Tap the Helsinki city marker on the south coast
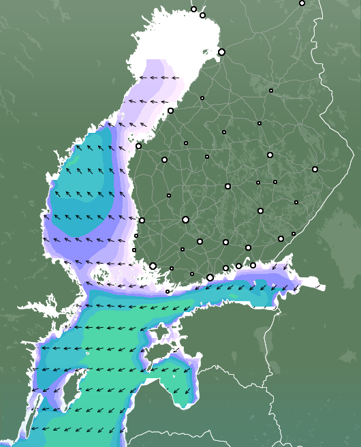210,277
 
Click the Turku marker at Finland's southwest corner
153,266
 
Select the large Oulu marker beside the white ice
221,52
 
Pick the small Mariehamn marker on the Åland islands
168,292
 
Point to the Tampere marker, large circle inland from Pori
185,219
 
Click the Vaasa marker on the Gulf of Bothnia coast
138,146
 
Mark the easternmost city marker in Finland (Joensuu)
315,169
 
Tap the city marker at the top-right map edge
302,3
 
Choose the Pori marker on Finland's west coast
142,220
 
